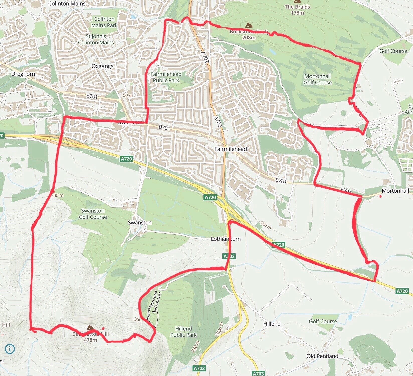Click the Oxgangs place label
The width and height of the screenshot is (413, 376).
(x=102, y=66)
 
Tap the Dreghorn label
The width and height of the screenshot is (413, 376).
(x=23, y=74)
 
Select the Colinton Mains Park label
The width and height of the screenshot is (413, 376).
(x=104, y=22)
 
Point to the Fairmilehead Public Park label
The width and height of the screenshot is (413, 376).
(x=166, y=77)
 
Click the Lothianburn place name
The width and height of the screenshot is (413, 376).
(x=226, y=239)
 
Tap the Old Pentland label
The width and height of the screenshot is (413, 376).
(x=322, y=356)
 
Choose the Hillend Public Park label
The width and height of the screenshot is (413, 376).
(x=184, y=332)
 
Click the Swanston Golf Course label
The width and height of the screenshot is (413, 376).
(x=93, y=214)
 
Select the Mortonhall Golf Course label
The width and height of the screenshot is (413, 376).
(x=318, y=79)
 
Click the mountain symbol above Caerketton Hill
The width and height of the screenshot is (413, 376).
(x=90, y=327)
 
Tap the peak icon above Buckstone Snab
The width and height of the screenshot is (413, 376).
(x=248, y=25)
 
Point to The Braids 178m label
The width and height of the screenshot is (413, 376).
(x=297, y=10)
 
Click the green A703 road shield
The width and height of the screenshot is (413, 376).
(x=258, y=373)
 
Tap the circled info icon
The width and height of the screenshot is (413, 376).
(x=10, y=349)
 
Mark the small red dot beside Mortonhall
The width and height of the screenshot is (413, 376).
(x=381, y=196)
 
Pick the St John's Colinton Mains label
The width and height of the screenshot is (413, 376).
(x=96, y=39)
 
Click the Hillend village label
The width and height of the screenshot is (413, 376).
(x=272, y=324)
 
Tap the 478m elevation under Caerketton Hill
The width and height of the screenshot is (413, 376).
(x=90, y=340)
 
